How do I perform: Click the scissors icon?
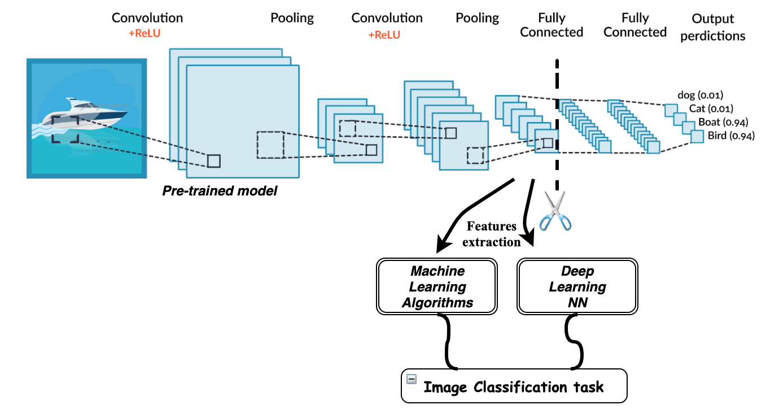pyautogui.click(x=555, y=211)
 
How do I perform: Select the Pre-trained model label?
pyautogui.click(x=220, y=191)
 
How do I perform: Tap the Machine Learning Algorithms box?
pyautogui.click(x=437, y=287)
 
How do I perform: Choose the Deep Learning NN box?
pyautogui.click(x=577, y=287)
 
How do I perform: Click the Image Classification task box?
pyautogui.click(x=514, y=386)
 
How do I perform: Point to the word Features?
pyautogui.click(x=491, y=227)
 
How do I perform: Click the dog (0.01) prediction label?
pyautogui.click(x=700, y=95)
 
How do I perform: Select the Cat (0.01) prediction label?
pyautogui.click(x=712, y=108)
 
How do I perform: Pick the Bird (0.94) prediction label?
pyautogui.click(x=730, y=136)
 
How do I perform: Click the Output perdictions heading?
pyautogui.click(x=712, y=28)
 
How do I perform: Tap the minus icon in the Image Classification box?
pyautogui.click(x=412, y=379)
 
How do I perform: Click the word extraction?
pyautogui.click(x=491, y=242)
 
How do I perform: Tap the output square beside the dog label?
pyautogui.click(x=670, y=110)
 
